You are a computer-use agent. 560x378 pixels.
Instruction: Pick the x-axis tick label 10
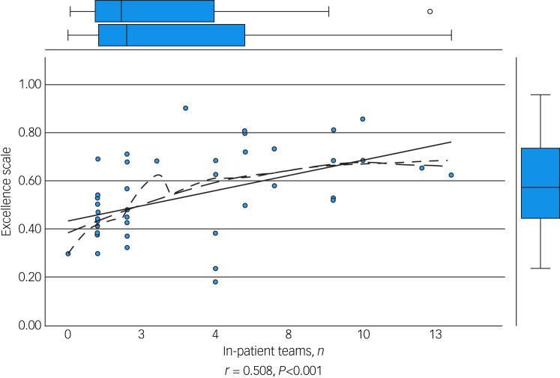tap(364, 335)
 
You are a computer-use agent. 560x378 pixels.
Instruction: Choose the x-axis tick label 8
tap(289, 335)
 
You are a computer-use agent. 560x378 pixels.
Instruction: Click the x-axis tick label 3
tap(142, 335)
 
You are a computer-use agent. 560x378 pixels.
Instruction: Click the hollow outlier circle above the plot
tap(430, 11)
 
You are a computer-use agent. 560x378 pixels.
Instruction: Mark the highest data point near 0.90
tap(186, 108)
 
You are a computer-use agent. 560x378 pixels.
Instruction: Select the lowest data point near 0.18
tap(215, 282)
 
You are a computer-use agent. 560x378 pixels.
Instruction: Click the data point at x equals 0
tap(68, 253)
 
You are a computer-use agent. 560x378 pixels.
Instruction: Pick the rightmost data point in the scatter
tap(451, 175)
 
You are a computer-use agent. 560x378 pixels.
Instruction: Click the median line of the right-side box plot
tap(540, 187)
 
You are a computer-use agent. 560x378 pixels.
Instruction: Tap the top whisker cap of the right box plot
tap(540, 94)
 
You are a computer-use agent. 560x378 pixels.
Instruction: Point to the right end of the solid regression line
tap(451, 142)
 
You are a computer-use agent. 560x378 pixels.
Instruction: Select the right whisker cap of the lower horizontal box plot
tap(451, 35)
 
